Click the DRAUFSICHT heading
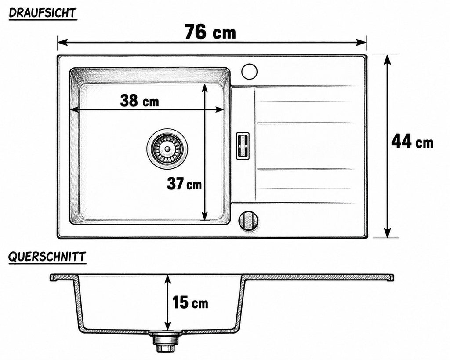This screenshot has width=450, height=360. (x=43, y=13)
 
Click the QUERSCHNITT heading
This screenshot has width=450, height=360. (x=47, y=257)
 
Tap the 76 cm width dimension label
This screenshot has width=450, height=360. (x=210, y=32)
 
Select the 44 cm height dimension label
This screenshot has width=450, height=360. (x=412, y=141)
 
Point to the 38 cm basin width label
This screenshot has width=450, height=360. (x=139, y=101)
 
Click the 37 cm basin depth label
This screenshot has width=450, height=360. (x=184, y=183)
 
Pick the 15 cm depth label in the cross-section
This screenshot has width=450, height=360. (x=190, y=302)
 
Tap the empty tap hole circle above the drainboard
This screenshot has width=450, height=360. (x=249, y=71)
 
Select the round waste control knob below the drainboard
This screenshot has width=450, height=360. (x=248, y=220)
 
